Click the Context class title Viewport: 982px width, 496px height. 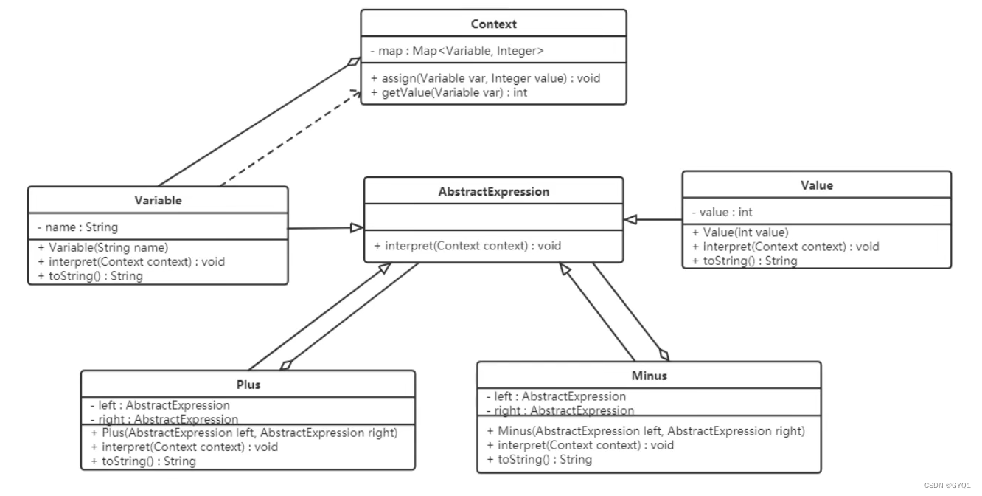494,24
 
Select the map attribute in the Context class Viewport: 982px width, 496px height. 457,51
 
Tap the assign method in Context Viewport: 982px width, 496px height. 485,78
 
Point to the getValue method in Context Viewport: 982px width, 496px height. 449,92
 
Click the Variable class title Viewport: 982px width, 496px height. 158,200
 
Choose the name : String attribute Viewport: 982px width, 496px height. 77,227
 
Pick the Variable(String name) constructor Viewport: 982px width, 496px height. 103,247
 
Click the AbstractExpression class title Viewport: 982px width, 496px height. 494,191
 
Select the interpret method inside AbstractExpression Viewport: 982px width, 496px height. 467,245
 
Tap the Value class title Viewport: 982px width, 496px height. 817,185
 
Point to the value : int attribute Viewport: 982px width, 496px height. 722,212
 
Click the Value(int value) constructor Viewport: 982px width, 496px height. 740,232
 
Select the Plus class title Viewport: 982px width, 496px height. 248,385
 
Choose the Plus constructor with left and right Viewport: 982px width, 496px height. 244,433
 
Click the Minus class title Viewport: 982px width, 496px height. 650,376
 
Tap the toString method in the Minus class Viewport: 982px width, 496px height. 539,460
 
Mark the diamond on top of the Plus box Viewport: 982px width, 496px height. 286,365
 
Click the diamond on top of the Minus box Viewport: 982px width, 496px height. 664,355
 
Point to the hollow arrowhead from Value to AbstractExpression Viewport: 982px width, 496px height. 630,219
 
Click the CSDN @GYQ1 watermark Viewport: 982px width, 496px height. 947,486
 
